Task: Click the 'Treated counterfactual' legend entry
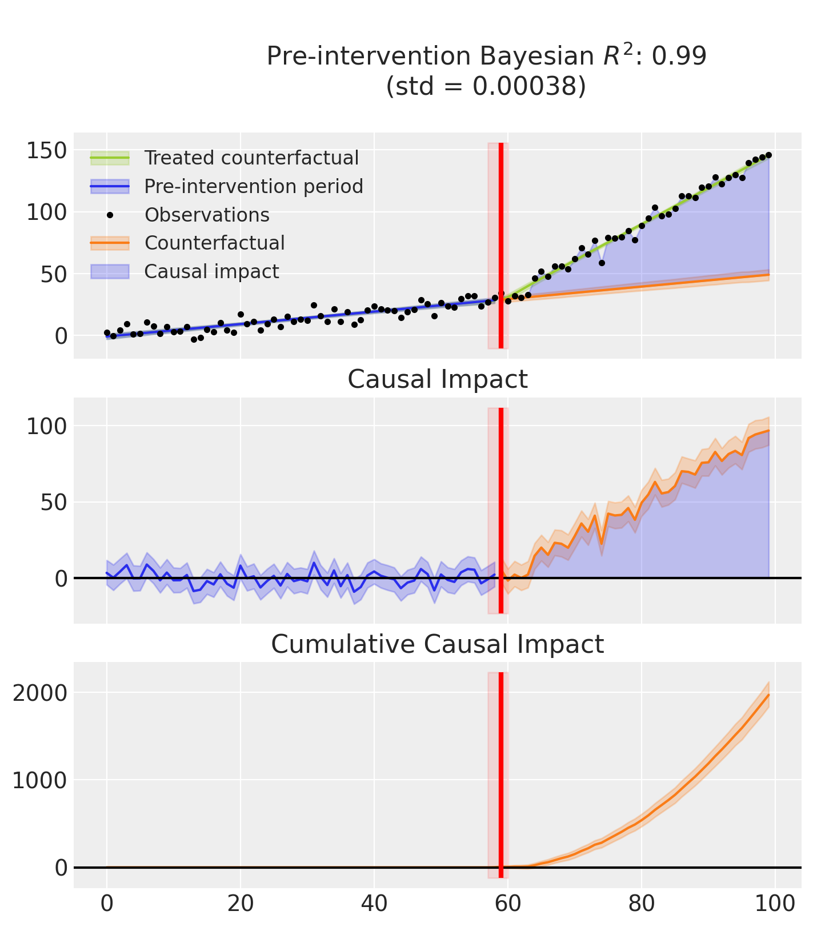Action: (251, 158)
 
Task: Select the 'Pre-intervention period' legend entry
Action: (254, 186)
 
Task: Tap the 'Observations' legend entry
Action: (207, 215)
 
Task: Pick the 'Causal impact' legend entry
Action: (211, 271)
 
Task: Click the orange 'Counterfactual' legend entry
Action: (214, 243)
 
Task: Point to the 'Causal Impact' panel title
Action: (437, 379)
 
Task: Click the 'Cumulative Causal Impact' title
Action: (437, 644)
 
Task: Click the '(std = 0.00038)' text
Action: (486, 86)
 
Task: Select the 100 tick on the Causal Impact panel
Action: (47, 426)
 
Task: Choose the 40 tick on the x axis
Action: (374, 904)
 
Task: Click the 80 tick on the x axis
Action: (642, 904)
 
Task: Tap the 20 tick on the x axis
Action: (240, 904)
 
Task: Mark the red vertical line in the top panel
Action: (501, 246)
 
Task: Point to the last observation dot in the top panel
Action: (768, 155)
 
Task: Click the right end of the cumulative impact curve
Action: (768, 695)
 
